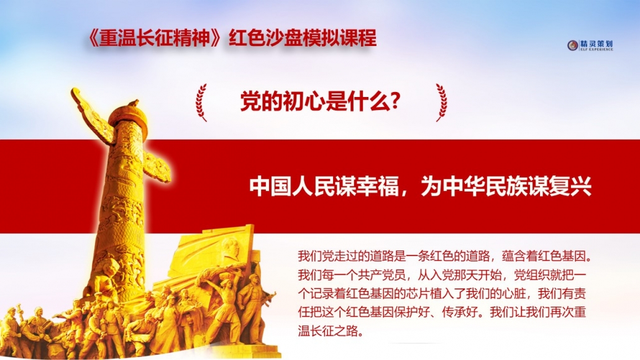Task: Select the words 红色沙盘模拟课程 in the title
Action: pyautogui.click(x=303, y=39)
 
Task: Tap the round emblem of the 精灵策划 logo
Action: pyautogui.click(x=573, y=45)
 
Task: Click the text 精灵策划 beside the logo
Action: pyautogui.click(x=597, y=44)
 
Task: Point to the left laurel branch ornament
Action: pyautogui.click(x=201, y=103)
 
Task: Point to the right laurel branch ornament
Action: pyautogui.click(x=441, y=103)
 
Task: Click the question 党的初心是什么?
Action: pyautogui.click(x=320, y=102)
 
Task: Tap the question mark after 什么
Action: pyautogui.click(x=395, y=102)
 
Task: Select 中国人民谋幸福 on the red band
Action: pyautogui.click(x=324, y=187)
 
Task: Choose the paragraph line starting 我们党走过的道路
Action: pyautogui.click(x=445, y=256)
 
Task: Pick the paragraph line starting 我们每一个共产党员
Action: pyautogui.click(x=442, y=275)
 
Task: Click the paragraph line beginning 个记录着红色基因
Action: pyautogui.click(x=442, y=293)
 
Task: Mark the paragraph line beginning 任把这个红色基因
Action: pyautogui.click(x=442, y=312)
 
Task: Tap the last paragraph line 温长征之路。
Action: pyautogui.click(x=331, y=331)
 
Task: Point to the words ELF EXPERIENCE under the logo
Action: pyautogui.click(x=597, y=50)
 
